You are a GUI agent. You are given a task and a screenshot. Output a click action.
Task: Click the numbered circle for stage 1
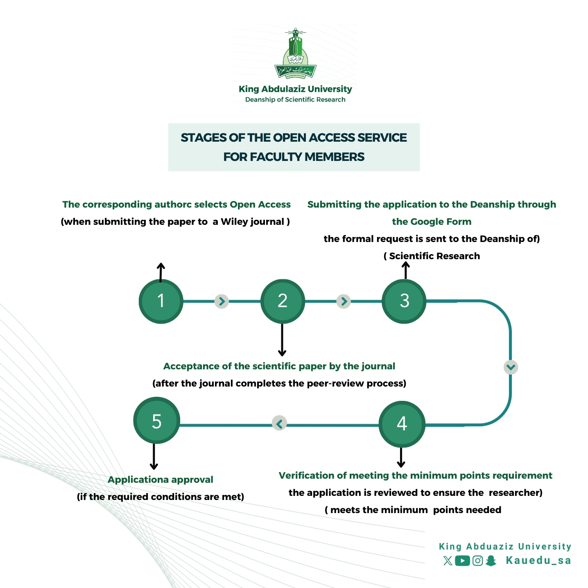pos(161,301)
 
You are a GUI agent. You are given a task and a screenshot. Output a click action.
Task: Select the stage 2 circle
pos(283,301)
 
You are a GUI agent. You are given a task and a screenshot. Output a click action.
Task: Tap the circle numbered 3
pos(404,301)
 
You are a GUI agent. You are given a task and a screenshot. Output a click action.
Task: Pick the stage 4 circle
pos(402,424)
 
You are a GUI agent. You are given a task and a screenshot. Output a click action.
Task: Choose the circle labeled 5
pos(156,421)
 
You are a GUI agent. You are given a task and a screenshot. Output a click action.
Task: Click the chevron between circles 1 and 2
pos(222,301)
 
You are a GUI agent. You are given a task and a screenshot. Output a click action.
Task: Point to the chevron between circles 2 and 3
pos(344,301)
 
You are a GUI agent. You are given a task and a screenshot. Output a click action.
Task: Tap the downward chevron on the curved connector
pos(511,367)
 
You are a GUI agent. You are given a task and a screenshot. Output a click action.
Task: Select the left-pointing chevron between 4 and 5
pos(280,423)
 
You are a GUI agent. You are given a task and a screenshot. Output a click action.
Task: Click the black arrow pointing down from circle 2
pos(282,340)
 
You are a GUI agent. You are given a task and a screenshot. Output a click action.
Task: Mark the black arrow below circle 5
pos(154,457)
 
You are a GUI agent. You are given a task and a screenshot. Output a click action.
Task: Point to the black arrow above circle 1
pos(161,272)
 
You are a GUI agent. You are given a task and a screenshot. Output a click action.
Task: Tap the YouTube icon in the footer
pos(462,561)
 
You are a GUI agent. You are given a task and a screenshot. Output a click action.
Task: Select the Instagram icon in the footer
pos(477,561)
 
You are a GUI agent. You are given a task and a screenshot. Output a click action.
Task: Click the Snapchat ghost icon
pos(491,561)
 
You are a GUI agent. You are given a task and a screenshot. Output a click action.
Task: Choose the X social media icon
pos(448,561)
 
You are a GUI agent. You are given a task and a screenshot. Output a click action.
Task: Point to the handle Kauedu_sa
pos(538,561)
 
